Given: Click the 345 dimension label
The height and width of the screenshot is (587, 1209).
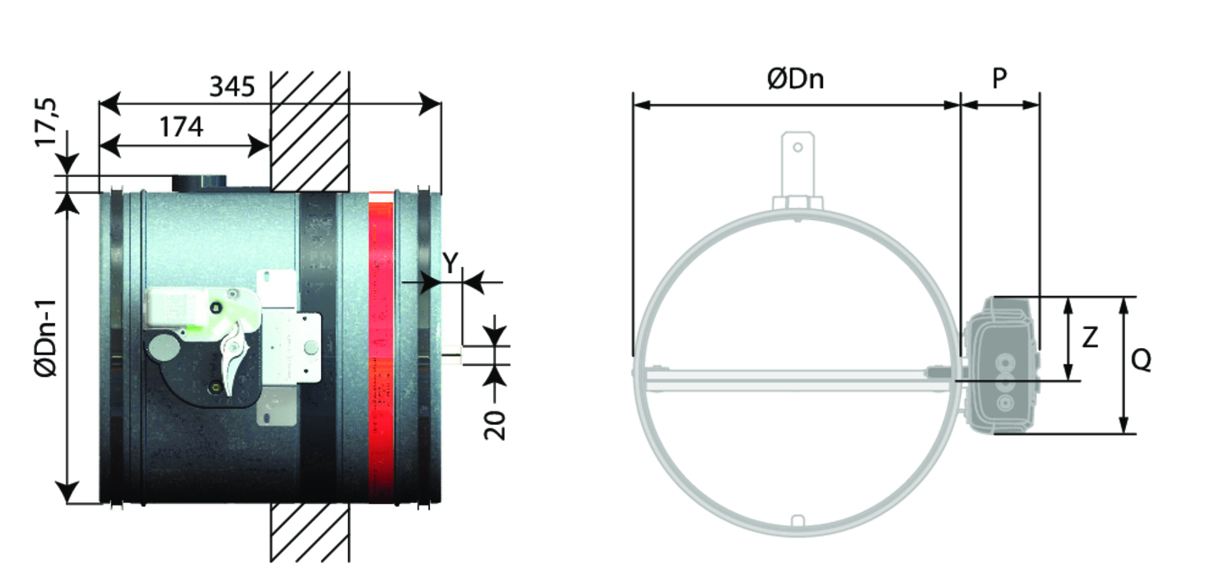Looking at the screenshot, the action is click(x=232, y=87).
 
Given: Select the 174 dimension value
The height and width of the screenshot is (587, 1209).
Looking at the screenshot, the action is click(x=182, y=127).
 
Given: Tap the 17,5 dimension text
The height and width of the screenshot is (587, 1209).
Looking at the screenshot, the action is click(x=46, y=122).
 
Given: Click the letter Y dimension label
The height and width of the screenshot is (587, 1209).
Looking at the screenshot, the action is click(x=450, y=263).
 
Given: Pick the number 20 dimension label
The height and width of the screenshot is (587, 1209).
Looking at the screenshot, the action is click(x=495, y=426).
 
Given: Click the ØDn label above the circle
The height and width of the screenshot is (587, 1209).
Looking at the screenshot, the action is click(x=795, y=79).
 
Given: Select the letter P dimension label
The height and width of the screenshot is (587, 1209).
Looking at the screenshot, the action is click(x=1000, y=78).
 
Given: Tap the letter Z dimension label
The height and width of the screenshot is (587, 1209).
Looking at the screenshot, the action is click(x=1090, y=337).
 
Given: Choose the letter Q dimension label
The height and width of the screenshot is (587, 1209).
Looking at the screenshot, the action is click(x=1141, y=360).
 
